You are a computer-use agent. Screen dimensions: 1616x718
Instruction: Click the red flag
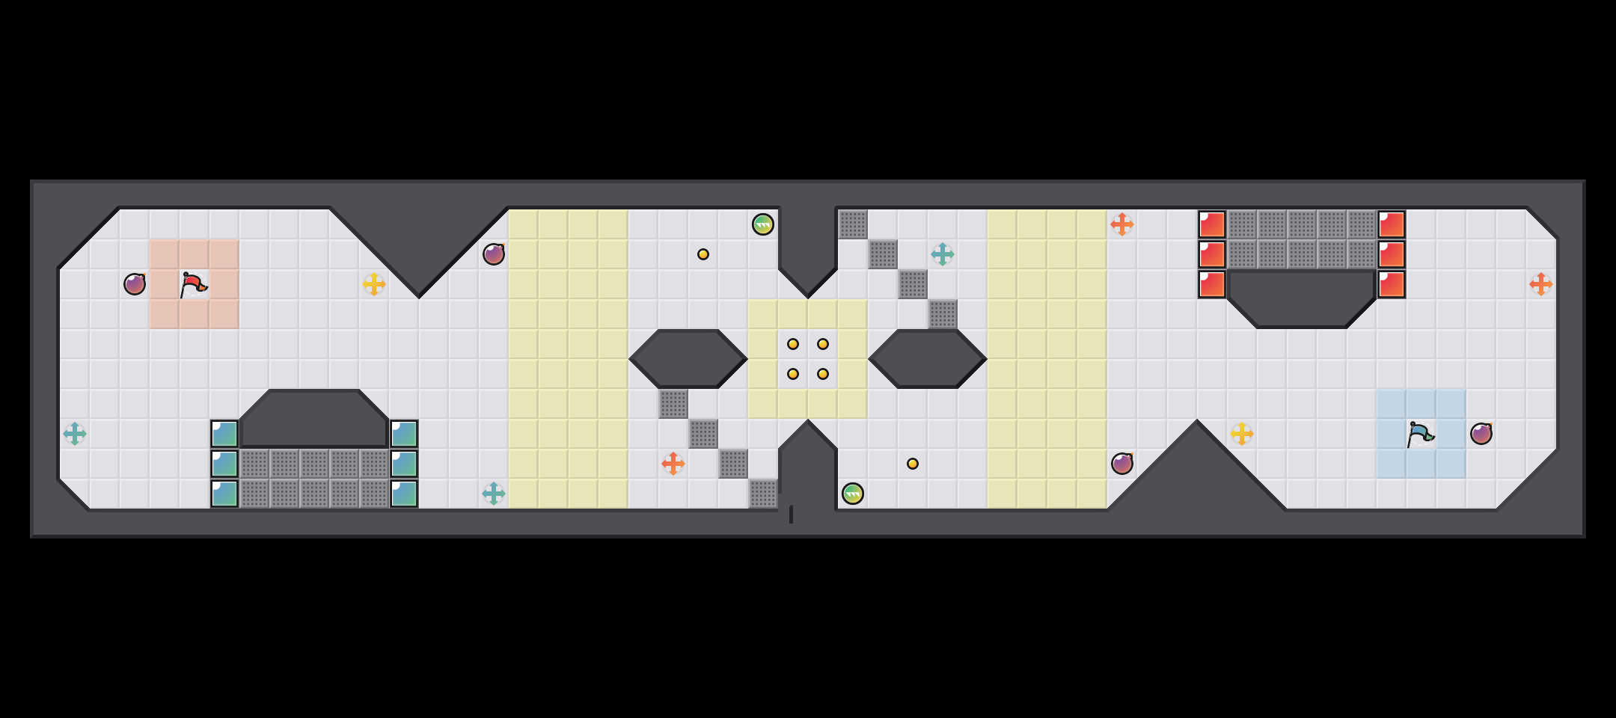point(193,284)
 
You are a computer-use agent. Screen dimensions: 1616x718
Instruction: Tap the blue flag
point(1420,434)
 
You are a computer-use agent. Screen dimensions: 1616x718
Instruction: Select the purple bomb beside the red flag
point(135,284)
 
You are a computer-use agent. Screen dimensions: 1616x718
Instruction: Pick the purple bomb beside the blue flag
point(1481,434)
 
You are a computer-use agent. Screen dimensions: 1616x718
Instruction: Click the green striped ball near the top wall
point(763,224)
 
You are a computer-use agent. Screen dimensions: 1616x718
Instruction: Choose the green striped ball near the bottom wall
point(853,494)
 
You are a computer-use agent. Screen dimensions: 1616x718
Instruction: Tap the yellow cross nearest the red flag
point(374,284)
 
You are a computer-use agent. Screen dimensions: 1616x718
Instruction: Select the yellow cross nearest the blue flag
point(1242,434)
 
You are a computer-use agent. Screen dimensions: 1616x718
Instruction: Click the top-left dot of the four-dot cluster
point(793,344)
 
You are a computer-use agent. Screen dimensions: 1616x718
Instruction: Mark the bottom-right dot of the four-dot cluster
point(823,374)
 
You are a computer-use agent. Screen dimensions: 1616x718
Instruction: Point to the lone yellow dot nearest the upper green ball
point(703,254)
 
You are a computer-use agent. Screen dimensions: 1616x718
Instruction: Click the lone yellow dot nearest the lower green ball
point(913,464)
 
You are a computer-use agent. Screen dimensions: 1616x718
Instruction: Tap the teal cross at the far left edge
point(75,434)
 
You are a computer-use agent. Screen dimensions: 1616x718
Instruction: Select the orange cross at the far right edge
point(1541,284)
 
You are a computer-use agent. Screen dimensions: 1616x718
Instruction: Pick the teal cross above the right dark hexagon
point(943,254)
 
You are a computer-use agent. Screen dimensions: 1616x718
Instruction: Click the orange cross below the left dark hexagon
point(673,464)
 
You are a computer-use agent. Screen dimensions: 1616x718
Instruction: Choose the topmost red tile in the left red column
point(1212,224)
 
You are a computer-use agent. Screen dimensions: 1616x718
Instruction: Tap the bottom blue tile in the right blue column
point(404,494)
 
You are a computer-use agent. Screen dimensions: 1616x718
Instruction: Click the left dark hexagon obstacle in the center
point(688,359)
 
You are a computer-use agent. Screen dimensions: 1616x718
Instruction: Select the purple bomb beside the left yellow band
point(494,254)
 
